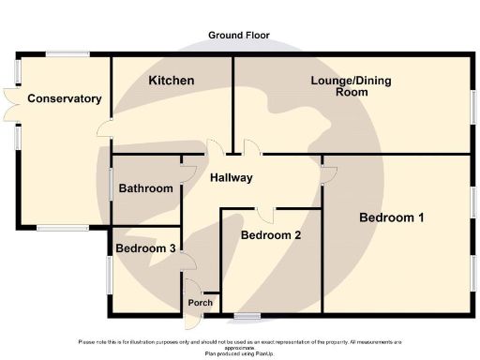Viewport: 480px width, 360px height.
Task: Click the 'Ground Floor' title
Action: pyautogui.click(x=239, y=36)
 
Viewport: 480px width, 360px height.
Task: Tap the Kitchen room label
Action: pyautogui.click(x=172, y=81)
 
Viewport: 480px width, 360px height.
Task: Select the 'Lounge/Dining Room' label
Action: pyautogui.click(x=352, y=87)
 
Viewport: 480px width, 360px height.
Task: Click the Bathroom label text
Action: pyautogui.click(x=145, y=188)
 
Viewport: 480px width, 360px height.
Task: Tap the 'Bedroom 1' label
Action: pyautogui.click(x=392, y=217)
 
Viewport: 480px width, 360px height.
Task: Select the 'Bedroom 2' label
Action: pyautogui.click(x=271, y=235)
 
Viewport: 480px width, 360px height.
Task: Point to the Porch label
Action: pyautogui.click(x=201, y=303)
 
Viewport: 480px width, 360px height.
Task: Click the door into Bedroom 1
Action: pyautogui.click(x=323, y=172)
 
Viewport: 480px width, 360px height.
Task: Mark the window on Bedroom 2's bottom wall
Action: pyautogui.click(x=247, y=312)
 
